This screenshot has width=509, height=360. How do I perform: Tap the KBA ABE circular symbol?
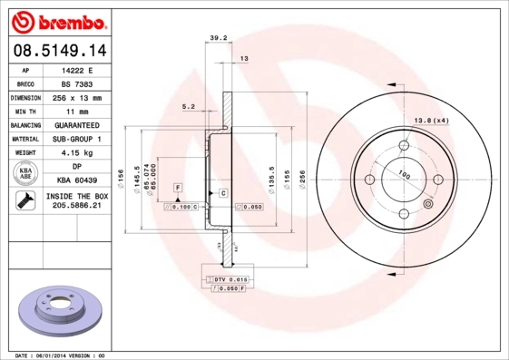(x=26, y=172)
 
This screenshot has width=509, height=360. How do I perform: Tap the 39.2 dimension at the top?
(x=218, y=38)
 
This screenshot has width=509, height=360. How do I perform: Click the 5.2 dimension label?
(x=189, y=107)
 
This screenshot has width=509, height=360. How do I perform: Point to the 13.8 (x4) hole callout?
(x=432, y=121)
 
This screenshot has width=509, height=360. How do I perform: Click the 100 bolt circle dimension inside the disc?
(x=404, y=175)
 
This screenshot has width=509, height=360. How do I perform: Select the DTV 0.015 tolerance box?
(x=231, y=280)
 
